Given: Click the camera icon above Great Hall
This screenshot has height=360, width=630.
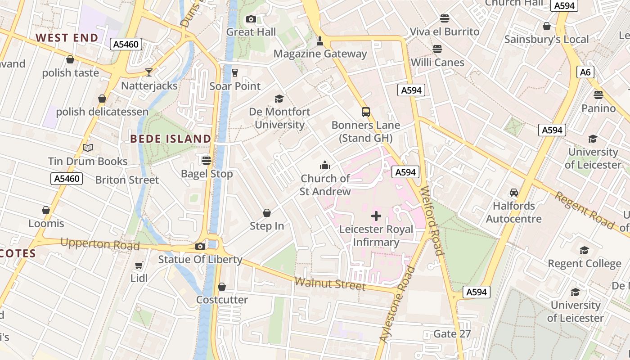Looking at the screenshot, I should pyautogui.click(x=251, y=19).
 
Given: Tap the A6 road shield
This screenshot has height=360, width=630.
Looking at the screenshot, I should pyautogui.click(x=585, y=72).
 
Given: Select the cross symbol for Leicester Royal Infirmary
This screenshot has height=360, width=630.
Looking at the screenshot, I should pyautogui.click(x=376, y=216).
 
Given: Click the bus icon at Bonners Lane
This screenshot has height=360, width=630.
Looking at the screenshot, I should pyautogui.click(x=366, y=112).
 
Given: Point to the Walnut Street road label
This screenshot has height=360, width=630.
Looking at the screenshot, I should pyautogui.click(x=330, y=284).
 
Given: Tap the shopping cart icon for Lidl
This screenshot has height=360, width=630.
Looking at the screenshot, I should pyautogui.click(x=139, y=265).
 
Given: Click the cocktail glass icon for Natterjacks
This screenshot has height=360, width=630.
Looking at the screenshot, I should pyautogui.click(x=149, y=72).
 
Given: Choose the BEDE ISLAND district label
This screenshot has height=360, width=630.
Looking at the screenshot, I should pyautogui.click(x=171, y=139).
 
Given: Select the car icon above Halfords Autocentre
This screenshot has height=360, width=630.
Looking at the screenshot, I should pyautogui.click(x=514, y=193).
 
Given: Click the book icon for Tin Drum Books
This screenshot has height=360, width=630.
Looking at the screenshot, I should pyautogui.click(x=88, y=148).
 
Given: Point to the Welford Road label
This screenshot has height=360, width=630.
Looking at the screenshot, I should pyautogui.click(x=432, y=220).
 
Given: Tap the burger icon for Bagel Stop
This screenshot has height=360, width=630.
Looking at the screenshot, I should pyautogui.click(x=207, y=160).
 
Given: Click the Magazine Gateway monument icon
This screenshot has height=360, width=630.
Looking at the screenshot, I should pyautogui.click(x=320, y=41).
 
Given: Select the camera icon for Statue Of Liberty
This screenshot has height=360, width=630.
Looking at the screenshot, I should pyautogui.click(x=200, y=246).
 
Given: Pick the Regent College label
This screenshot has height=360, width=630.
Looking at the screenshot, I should pyautogui.click(x=584, y=263).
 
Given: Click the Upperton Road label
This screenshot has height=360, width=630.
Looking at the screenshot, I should pyautogui.click(x=100, y=244).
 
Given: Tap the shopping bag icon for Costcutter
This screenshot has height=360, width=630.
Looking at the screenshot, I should pyautogui.click(x=222, y=287).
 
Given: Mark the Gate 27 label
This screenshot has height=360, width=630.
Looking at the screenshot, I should pyautogui.click(x=452, y=334).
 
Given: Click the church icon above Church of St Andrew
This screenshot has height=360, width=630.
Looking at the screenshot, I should pyautogui.click(x=325, y=165).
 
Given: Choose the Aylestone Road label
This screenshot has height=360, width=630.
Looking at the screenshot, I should pyautogui.click(x=397, y=304).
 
